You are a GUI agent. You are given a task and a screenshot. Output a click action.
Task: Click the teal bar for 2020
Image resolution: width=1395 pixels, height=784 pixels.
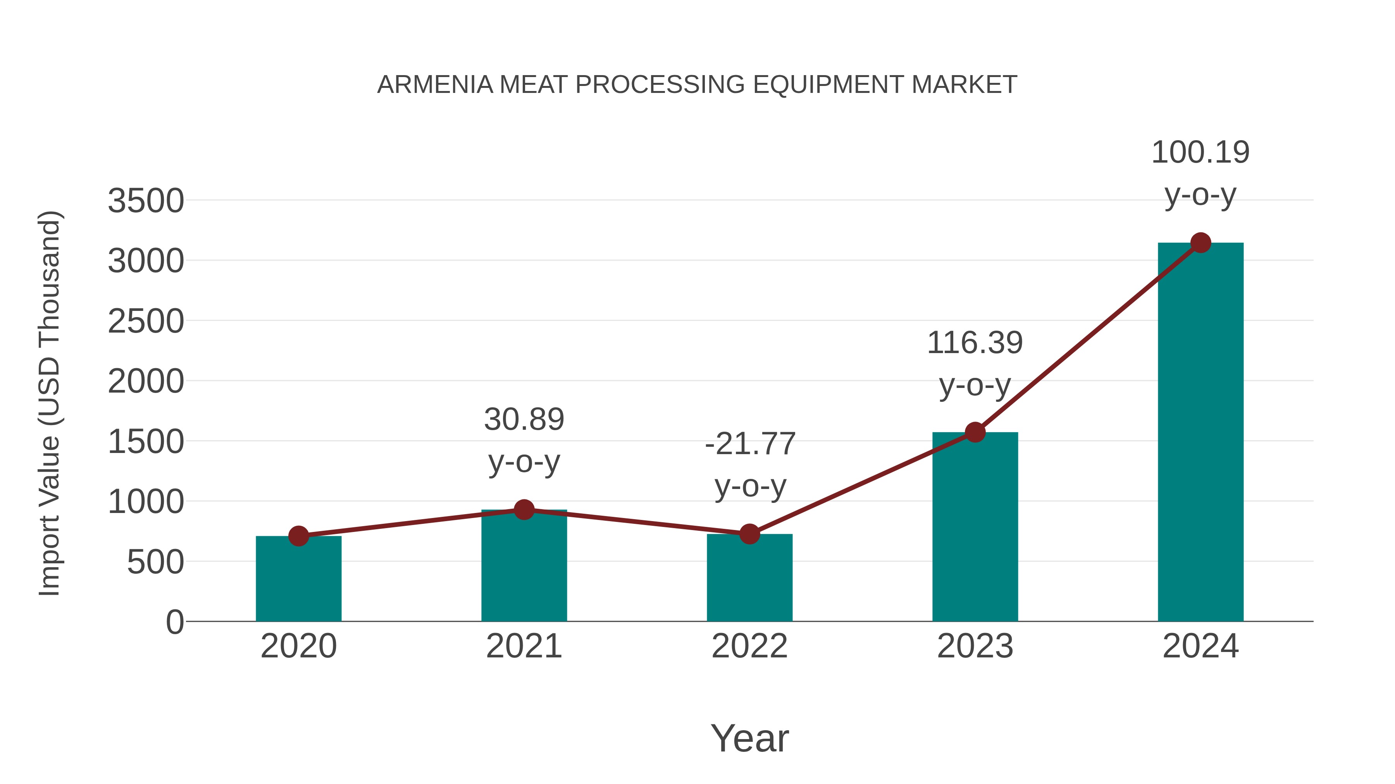coord(298,579)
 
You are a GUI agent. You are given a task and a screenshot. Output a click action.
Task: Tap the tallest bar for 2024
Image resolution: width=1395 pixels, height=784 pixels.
coord(1200,433)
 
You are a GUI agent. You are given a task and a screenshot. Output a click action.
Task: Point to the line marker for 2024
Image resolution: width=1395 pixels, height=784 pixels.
coord(1200,243)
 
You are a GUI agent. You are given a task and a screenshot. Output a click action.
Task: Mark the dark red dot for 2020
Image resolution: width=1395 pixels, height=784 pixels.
coord(298,536)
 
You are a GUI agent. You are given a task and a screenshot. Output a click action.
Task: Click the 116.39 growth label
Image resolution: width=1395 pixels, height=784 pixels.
coord(975,343)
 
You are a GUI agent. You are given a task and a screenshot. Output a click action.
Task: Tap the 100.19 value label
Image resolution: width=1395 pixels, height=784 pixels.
coord(1200,152)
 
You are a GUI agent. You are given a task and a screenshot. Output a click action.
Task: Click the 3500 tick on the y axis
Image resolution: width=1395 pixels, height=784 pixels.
coord(146,201)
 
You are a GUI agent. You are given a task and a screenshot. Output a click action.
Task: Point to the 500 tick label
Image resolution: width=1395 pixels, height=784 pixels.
coord(155,562)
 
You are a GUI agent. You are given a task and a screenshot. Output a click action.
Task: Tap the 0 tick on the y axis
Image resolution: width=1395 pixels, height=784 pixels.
coord(175,622)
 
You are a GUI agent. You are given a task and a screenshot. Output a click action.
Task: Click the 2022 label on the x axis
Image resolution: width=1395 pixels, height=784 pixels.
coord(749,646)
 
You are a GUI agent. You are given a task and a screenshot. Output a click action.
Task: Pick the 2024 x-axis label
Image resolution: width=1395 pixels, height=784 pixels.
coord(1200,646)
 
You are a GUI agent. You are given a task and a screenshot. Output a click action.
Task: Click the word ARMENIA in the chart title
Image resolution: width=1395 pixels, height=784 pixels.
coord(435,85)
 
